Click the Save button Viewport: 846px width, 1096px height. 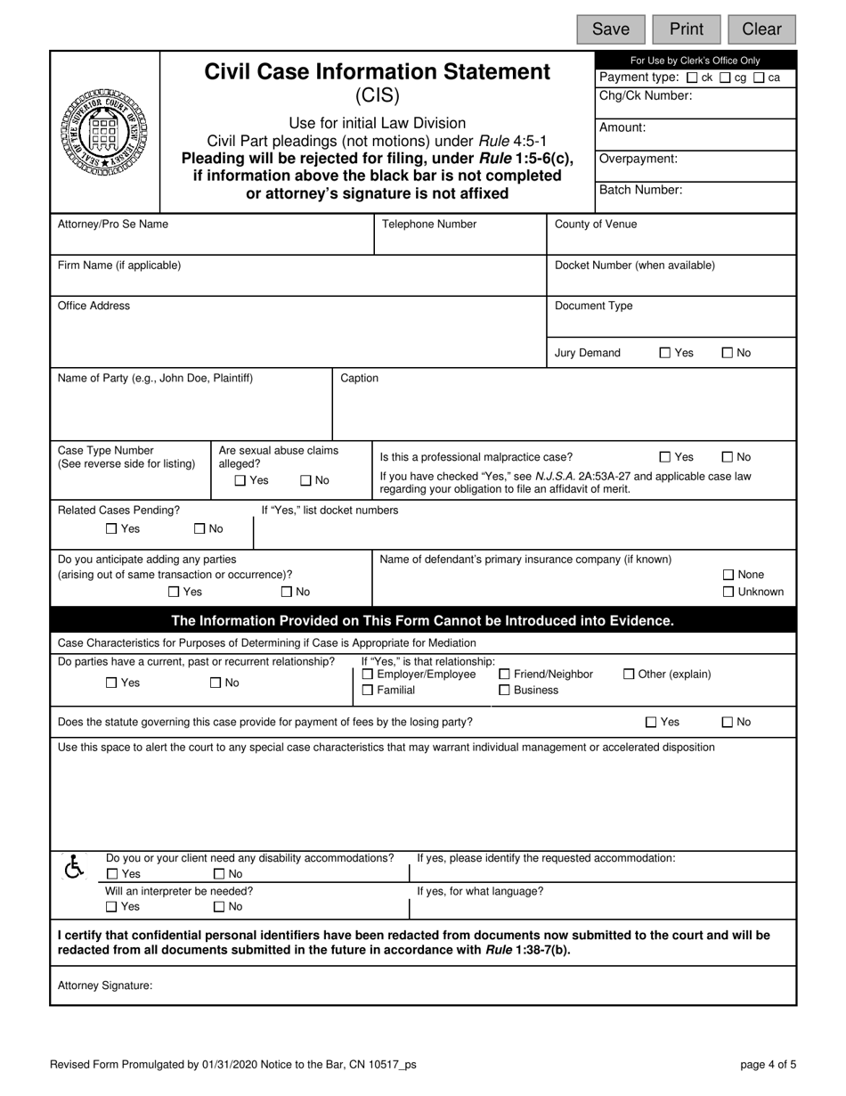point(611,29)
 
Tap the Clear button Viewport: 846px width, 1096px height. point(761,29)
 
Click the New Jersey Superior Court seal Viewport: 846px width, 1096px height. point(104,131)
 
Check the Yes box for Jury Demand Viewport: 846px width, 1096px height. point(664,353)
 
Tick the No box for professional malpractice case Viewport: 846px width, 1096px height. point(727,457)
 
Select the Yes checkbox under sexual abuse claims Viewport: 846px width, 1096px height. point(240,481)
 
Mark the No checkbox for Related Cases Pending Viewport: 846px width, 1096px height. point(199,529)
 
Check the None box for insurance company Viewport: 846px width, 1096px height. point(728,575)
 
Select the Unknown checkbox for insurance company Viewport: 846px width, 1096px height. point(728,592)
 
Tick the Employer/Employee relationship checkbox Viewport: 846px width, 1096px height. point(368,675)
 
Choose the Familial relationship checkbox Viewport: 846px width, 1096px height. point(368,691)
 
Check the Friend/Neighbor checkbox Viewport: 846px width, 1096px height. point(504,675)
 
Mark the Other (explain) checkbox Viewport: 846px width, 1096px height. point(629,675)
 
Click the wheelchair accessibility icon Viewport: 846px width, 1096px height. point(75,866)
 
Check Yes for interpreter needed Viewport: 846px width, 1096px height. point(111,907)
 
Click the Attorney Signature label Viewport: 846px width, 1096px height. point(105,986)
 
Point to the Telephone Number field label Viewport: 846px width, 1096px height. point(429,225)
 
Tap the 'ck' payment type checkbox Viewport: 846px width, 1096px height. point(692,78)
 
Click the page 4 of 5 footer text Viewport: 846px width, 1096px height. point(768,1064)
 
